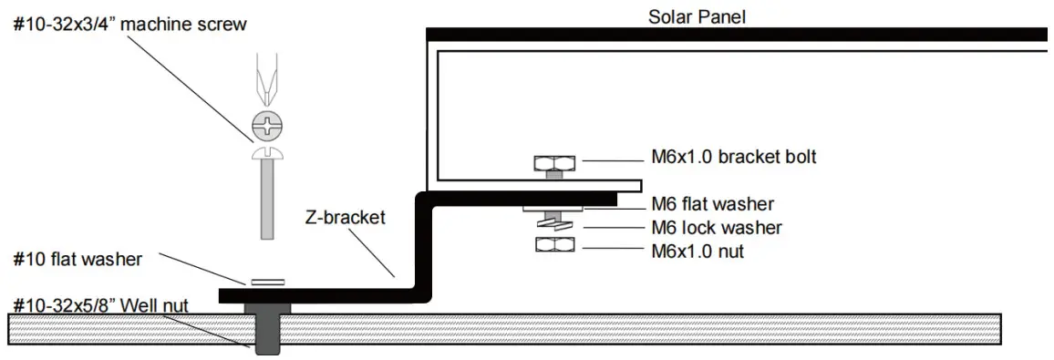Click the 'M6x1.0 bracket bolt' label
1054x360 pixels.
coord(734,157)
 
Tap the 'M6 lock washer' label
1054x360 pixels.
coord(717,227)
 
